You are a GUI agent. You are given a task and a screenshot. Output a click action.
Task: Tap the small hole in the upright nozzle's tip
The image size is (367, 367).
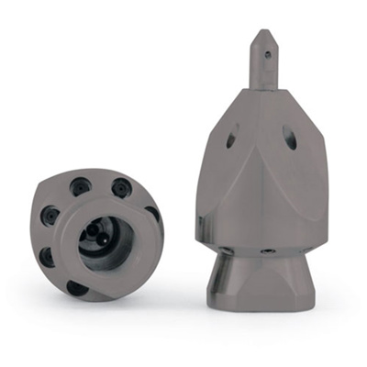point(267,54)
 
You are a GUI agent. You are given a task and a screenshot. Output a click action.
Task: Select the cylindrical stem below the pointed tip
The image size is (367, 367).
point(262,74)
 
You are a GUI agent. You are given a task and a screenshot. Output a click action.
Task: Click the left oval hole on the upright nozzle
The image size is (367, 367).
point(230,139)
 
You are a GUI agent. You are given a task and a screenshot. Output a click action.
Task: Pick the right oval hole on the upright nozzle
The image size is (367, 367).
point(290,140)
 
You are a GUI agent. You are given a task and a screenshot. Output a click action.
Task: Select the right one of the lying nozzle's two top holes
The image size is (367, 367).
point(121,187)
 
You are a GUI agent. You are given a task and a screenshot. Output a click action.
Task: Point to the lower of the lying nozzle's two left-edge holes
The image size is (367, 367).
point(47,256)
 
